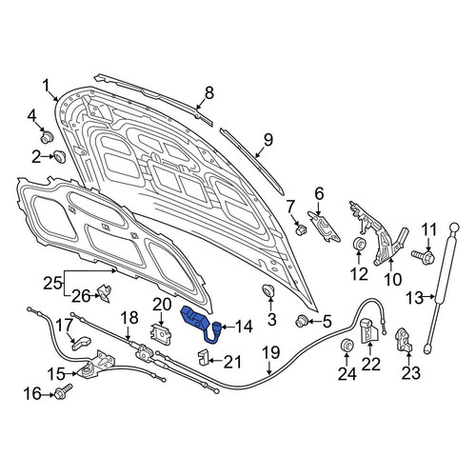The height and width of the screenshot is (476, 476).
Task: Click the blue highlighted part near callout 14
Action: click(197, 321)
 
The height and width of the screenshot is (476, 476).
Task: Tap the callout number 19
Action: click(271, 352)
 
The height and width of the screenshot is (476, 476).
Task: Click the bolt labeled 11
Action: click(423, 255)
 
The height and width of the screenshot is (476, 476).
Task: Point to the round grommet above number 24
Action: click(346, 345)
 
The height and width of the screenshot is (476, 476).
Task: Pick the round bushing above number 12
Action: click(359, 243)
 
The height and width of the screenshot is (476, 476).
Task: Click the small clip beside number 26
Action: click(104, 293)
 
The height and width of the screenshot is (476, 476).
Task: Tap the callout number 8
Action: click(209, 93)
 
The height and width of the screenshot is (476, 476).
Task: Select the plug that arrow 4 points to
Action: click(48, 137)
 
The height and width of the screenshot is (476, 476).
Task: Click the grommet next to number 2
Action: click(59, 157)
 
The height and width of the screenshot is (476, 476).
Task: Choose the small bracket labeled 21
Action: click(203, 357)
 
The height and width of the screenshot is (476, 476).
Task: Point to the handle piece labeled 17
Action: click(81, 342)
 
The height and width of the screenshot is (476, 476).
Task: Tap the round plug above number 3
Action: click(268, 290)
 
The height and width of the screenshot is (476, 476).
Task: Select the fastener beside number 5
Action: click(302, 321)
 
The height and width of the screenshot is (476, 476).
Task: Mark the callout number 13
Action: click(415, 298)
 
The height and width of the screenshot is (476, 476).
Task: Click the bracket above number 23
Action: click(404, 341)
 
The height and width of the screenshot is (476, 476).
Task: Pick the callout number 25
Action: click(52, 283)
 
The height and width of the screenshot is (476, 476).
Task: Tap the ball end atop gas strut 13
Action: click(454, 228)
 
